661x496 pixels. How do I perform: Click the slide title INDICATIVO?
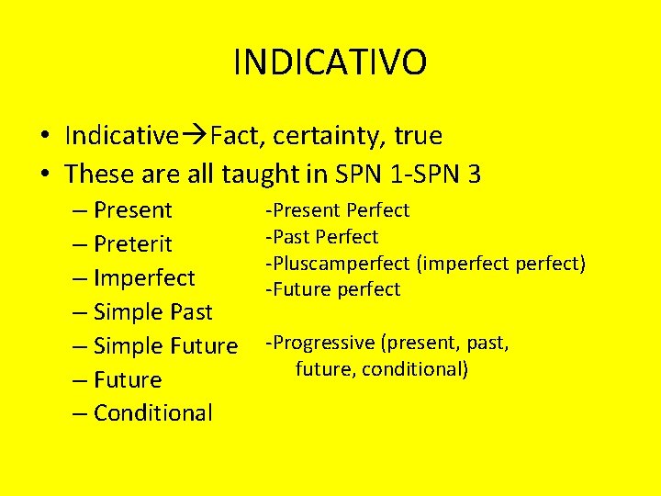[330, 63]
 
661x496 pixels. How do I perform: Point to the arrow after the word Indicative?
[194, 136]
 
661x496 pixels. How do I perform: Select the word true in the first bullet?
[418, 136]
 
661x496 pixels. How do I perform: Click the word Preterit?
[132, 244]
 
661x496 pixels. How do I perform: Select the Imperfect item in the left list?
[144, 278]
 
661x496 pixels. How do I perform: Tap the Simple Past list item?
[152, 312]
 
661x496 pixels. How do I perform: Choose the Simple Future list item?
[165, 346]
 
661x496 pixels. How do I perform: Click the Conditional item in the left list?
[152, 413]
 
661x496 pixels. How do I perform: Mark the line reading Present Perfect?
[338, 210]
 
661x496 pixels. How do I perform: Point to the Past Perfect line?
[322, 237]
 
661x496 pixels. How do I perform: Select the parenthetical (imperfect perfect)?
[500, 264]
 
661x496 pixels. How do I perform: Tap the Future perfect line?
[333, 289]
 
